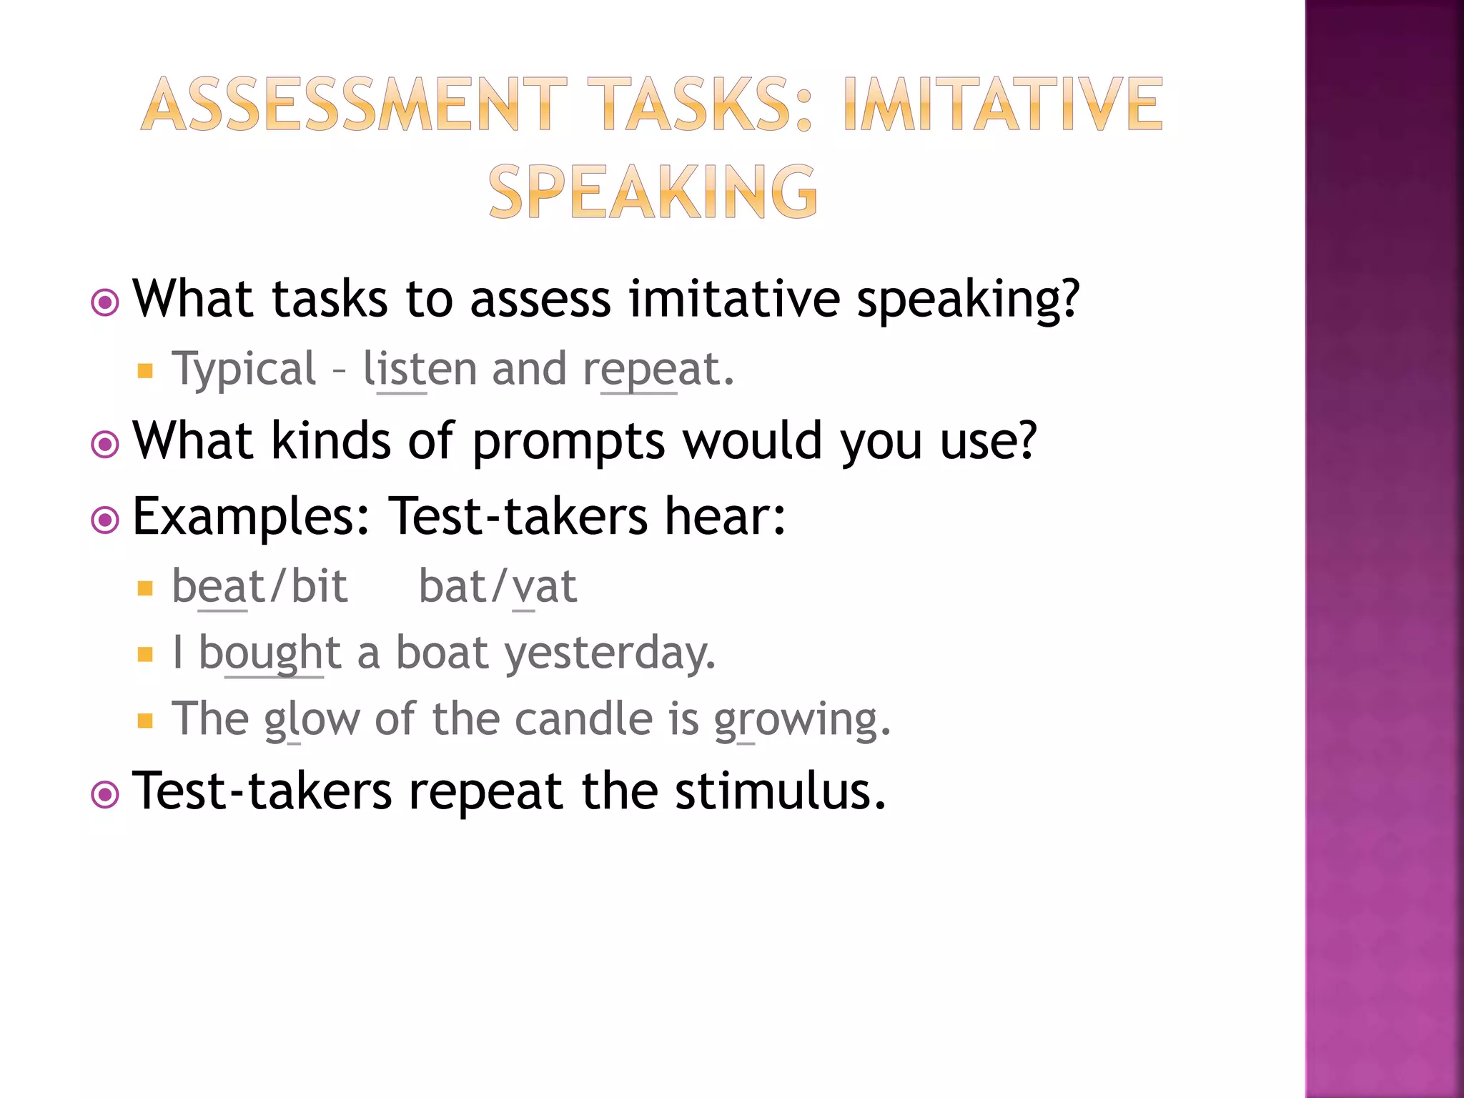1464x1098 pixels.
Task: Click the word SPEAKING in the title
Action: (653, 192)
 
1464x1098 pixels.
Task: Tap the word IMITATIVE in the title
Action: (1003, 105)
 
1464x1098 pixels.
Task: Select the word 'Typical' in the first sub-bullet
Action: (243, 370)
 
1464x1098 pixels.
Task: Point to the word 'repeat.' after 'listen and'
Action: (658, 370)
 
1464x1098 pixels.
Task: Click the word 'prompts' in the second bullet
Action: (568, 442)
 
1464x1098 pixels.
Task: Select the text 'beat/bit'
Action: (259, 587)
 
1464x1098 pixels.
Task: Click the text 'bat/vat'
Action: (498, 587)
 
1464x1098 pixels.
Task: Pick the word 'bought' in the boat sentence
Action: (269, 653)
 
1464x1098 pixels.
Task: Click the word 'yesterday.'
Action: (610, 653)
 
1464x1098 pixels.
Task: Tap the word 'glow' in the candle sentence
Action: (312, 719)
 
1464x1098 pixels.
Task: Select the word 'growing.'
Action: (802, 719)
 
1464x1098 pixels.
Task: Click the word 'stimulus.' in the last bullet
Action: (780, 791)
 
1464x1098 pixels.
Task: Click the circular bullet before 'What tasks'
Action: (106, 302)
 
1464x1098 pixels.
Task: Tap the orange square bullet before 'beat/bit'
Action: (146, 589)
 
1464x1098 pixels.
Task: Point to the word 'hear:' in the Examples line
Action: (725, 516)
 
